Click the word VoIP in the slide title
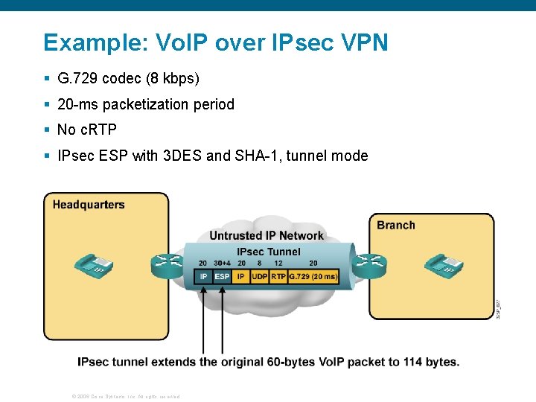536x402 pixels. pyautogui.click(x=179, y=42)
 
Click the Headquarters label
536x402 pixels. pyautogui.click(x=89, y=205)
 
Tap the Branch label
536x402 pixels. pyautogui.click(x=395, y=225)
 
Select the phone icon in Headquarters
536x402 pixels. pyautogui.click(x=93, y=264)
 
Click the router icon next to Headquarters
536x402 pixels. pyautogui.click(x=167, y=263)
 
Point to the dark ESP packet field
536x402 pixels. pyautogui.click(x=222, y=276)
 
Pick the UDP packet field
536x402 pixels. pyautogui.click(x=259, y=276)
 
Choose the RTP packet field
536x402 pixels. pyautogui.click(x=278, y=276)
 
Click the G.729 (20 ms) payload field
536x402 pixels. pyautogui.click(x=313, y=276)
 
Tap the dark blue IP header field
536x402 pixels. pyautogui.click(x=203, y=276)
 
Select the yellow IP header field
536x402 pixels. pyautogui.click(x=240, y=276)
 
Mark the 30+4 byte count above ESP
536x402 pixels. pyautogui.click(x=222, y=263)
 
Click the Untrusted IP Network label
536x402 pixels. pyautogui.click(x=267, y=235)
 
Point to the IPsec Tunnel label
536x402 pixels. pyautogui.click(x=268, y=252)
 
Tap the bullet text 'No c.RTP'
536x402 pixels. pyautogui.click(x=87, y=130)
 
